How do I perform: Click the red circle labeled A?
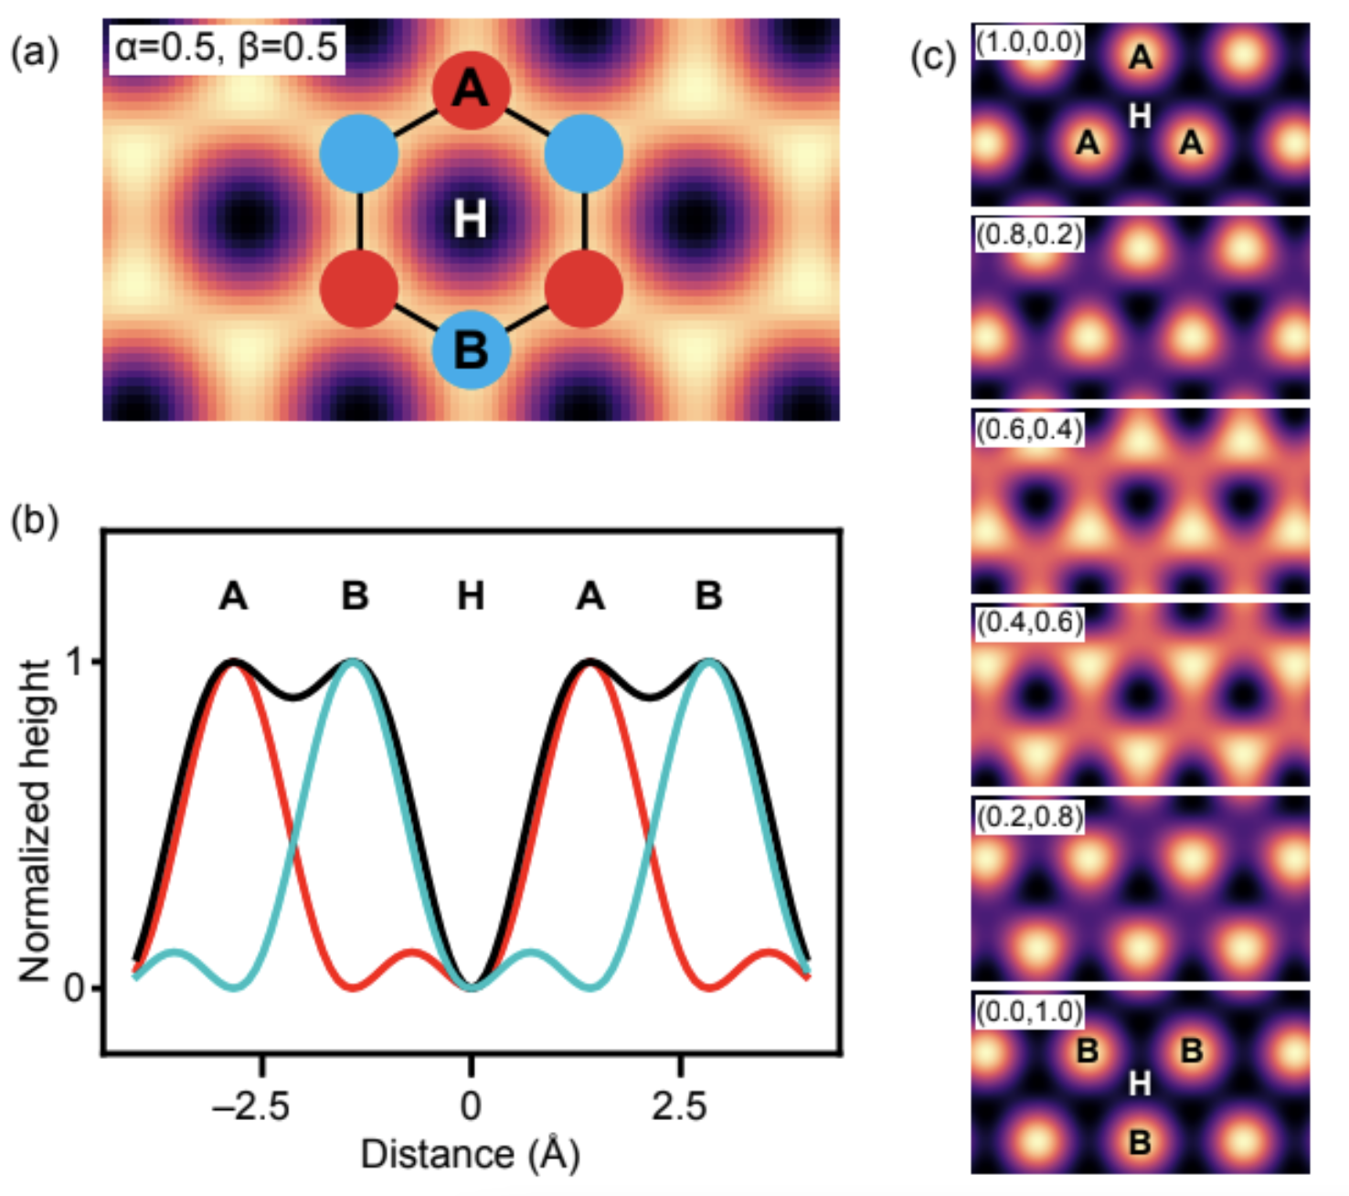coord(472,90)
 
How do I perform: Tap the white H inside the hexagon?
coord(470,219)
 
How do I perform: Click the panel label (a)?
coord(35,52)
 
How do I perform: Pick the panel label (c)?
coord(933,58)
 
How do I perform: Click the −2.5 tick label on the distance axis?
coord(250,1106)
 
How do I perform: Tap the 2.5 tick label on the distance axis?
coord(679,1106)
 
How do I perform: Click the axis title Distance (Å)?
coord(470,1153)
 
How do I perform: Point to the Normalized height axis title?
coord(34,821)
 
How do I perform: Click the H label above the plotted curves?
coord(471,595)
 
